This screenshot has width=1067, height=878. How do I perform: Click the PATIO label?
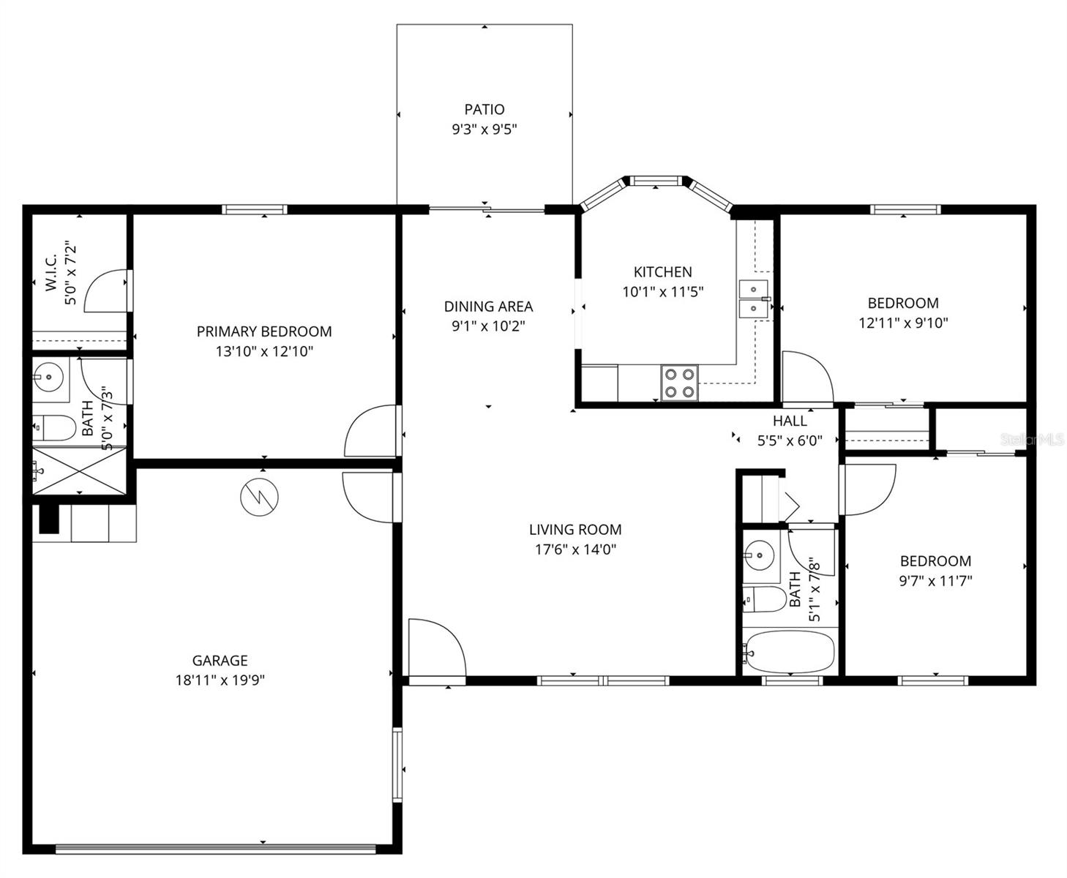484,110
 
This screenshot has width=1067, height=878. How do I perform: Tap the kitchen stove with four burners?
679,383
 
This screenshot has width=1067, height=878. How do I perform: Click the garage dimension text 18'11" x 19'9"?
220,680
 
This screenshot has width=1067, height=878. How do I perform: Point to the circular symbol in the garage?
260,498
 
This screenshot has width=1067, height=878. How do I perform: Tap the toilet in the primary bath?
55,428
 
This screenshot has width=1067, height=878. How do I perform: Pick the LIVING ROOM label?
575,530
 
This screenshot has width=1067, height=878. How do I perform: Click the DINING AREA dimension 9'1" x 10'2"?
488,326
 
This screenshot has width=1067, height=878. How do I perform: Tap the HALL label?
790,421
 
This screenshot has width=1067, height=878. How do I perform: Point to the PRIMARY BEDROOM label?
264,331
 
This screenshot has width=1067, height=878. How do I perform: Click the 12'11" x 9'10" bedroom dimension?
903,323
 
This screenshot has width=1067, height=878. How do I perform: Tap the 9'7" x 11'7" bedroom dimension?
935,581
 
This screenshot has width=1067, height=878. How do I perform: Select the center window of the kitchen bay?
656,180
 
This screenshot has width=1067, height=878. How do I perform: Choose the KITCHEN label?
662,272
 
